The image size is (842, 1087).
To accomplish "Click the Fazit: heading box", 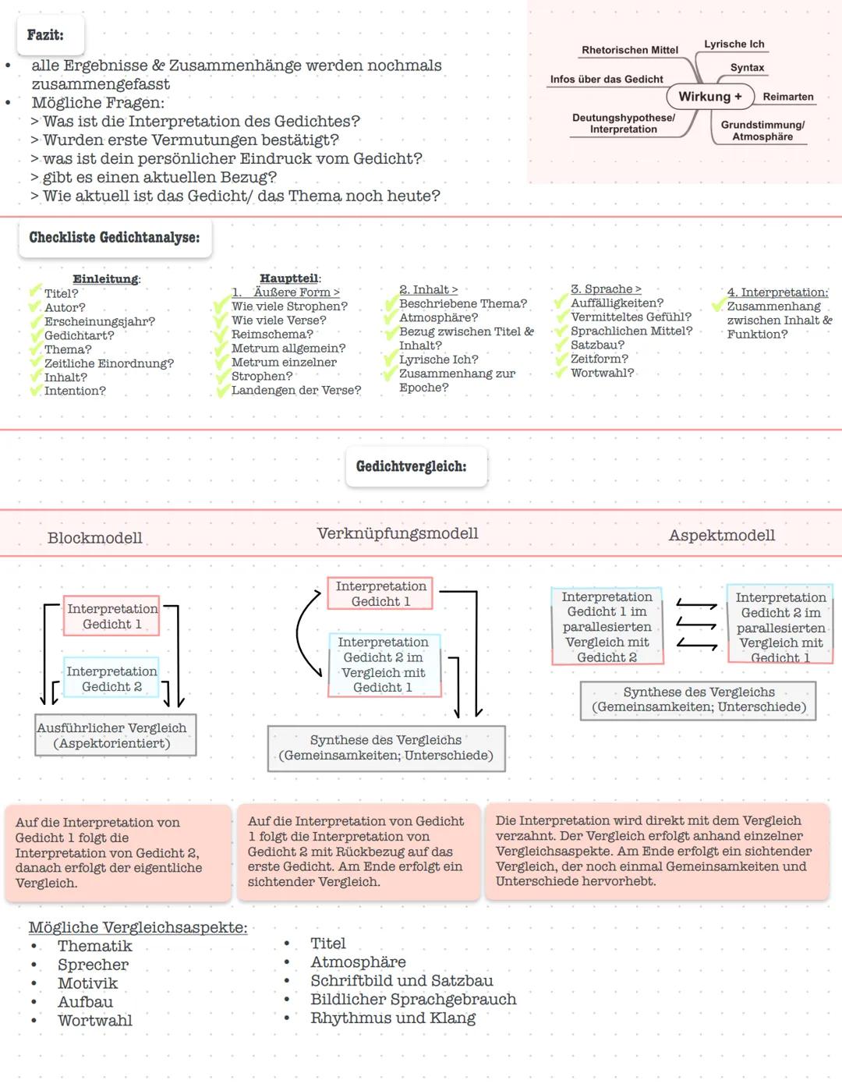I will (48, 35).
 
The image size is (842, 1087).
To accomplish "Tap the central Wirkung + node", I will (709, 97).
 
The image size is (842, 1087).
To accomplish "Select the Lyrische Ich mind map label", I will (734, 44).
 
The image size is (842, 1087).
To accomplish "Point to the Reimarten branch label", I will (787, 97).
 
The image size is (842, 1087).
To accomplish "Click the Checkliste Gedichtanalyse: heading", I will (115, 238).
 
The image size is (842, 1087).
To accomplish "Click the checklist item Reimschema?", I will (272, 335).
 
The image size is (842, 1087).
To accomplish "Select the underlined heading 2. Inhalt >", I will (428, 290).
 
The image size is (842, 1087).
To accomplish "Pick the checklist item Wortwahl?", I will (602, 373).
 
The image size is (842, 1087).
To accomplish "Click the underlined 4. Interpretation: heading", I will (777, 292).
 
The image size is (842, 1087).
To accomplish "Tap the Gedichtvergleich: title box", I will (412, 467).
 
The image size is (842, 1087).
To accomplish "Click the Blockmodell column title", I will (95, 538).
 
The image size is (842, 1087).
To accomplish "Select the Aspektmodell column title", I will (722, 536).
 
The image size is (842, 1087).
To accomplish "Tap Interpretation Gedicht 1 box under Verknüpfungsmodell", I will (380, 593).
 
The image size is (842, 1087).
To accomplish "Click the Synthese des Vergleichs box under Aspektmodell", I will (699, 699).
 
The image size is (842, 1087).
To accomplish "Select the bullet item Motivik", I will (87, 983).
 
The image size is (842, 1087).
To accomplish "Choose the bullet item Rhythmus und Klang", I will (393, 1018).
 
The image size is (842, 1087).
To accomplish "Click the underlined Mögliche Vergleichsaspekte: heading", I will (138, 928).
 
